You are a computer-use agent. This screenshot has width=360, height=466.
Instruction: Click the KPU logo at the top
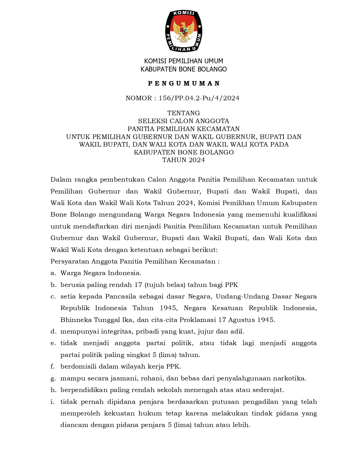184,31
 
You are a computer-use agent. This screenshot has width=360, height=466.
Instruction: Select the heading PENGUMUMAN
184,83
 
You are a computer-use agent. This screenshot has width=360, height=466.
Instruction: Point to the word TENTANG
184,113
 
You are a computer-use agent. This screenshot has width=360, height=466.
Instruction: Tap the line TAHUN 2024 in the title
184,160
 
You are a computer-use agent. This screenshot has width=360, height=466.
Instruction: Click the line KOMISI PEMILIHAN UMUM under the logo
184,61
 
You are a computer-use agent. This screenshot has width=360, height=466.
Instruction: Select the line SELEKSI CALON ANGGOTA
184,121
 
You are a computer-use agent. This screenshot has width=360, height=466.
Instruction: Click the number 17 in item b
138,285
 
